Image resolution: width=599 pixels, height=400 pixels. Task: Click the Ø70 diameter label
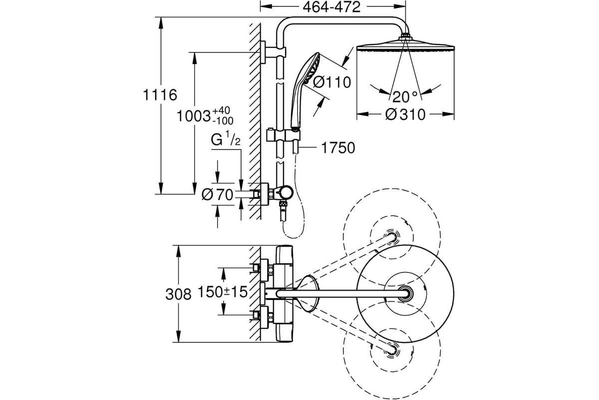[218, 195]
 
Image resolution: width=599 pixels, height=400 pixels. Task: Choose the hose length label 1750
[338, 148]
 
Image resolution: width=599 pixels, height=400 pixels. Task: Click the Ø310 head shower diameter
[405, 114]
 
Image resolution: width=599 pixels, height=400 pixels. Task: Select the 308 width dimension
[178, 294]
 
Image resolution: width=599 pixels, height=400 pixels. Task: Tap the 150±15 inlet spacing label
[223, 292]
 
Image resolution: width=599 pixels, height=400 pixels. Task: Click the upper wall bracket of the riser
[272, 52]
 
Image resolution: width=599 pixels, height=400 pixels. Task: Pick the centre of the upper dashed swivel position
[391, 237]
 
